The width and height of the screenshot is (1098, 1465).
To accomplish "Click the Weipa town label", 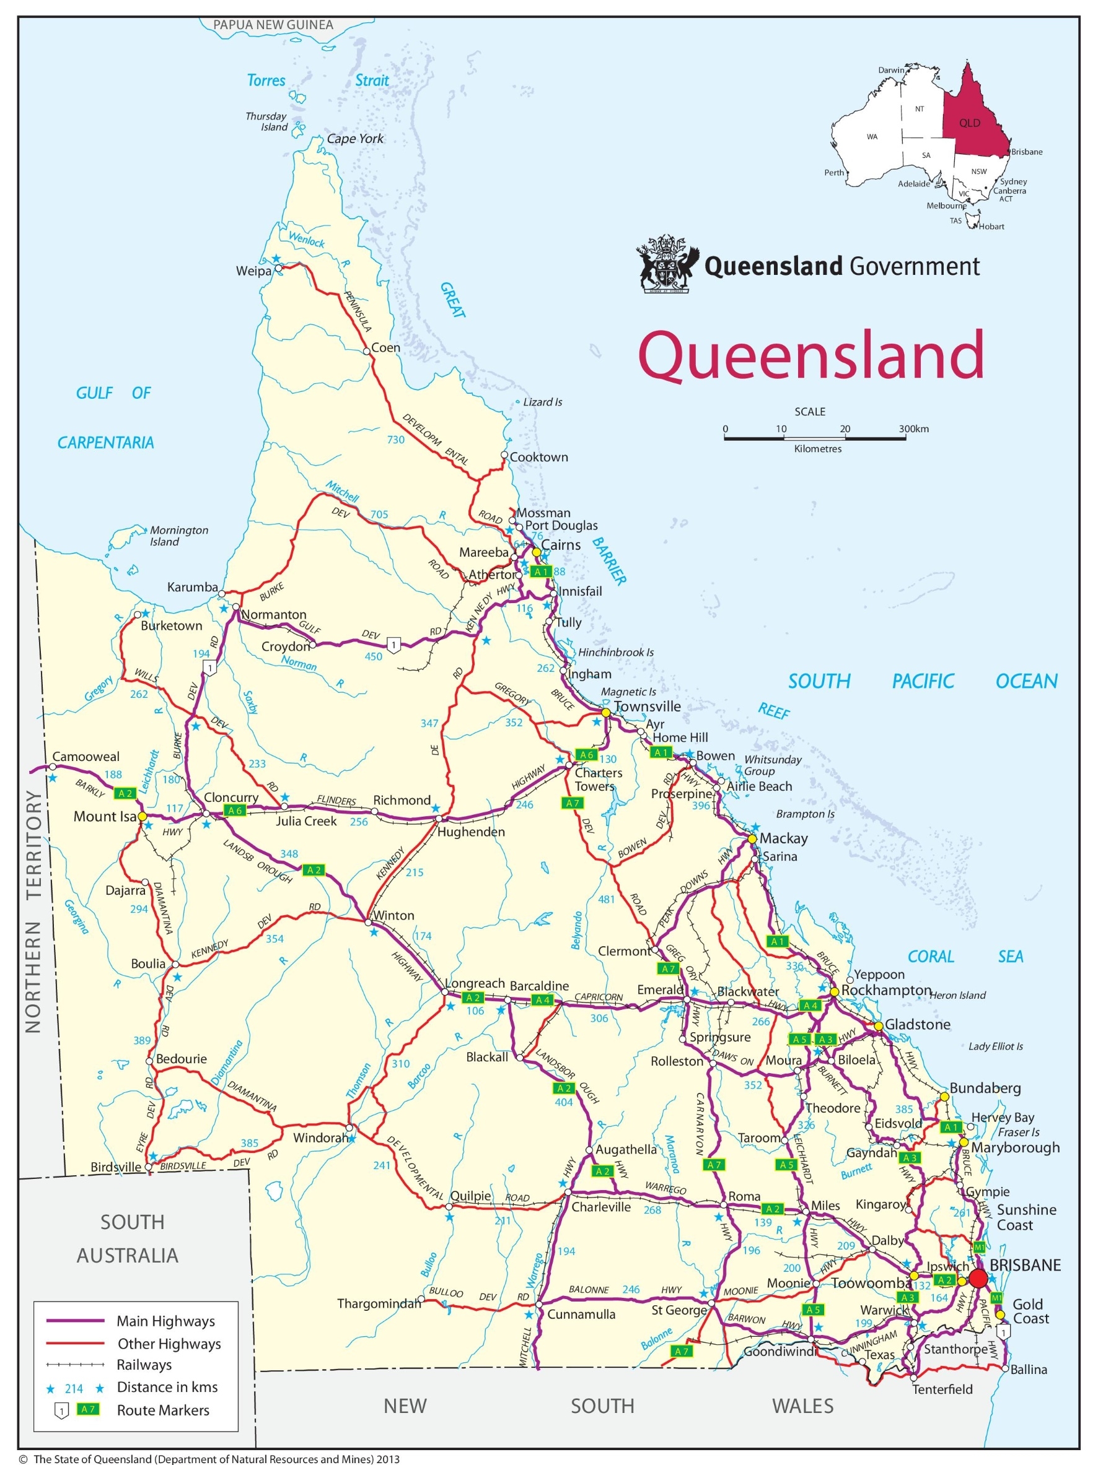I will [x=253, y=271].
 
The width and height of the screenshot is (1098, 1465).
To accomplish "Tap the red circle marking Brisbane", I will [x=977, y=1278].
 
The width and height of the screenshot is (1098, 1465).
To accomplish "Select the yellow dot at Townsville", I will [x=605, y=713].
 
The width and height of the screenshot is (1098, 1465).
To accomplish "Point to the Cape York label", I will [x=355, y=139].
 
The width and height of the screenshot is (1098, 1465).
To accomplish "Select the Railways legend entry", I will [x=144, y=1365].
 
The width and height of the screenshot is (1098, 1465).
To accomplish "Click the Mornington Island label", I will [x=178, y=536].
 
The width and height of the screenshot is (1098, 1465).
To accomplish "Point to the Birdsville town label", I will [x=115, y=1167].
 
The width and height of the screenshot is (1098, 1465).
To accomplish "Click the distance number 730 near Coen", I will [x=395, y=440].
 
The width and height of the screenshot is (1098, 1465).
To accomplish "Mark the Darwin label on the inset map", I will [x=890, y=70].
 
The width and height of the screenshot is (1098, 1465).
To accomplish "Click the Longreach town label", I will [x=475, y=984].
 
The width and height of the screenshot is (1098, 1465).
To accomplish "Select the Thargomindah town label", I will [x=379, y=1303].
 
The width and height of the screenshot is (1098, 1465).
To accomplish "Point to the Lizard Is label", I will [x=542, y=402].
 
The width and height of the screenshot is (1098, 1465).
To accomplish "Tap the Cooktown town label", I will [x=538, y=457].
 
